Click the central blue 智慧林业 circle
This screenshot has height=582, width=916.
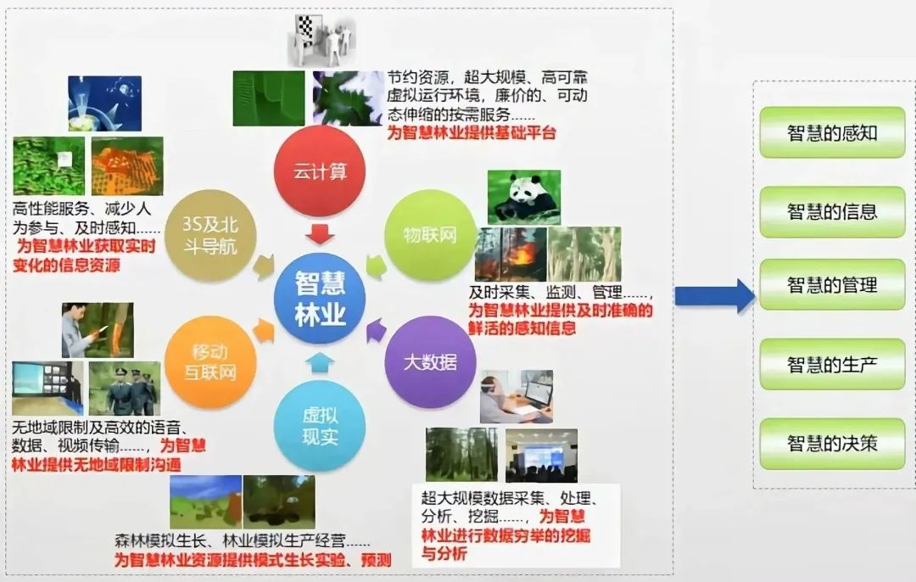pyautogui.click(x=320, y=298)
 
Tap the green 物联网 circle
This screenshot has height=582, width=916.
pyautogui.click(x=430, y=235)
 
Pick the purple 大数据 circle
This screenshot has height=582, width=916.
pyautogui.click(x=430, y=362)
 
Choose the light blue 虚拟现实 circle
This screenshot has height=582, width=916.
pyautogui.click(x=320, y=426)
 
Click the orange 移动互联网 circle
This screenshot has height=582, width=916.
pyautogui.click(x=210, y=362)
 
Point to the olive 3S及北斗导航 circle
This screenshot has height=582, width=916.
pyautogui.click(x=210, y=235)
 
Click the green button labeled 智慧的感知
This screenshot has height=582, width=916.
pyautogui.click(x=832, y=132)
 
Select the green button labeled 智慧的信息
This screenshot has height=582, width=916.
pyautogui.click(x=832, y=211)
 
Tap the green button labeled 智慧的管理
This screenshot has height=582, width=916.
pyautogui.click(x=832, y=285)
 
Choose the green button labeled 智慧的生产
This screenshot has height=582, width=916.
pyautogui.click(x=832, y=365)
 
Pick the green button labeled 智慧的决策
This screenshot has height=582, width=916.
pyautogui.click(x=832, y=443)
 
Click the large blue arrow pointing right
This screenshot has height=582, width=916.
pyautogui.click(x=713, y=296)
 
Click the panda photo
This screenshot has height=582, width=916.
pyautogui.click(x=523, y=197)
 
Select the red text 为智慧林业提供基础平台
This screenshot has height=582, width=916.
pyautogui.click(x=472, y=133)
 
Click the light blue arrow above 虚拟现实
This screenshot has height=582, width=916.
pyautogui.click(x=320, y=363)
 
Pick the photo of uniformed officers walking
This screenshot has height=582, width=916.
pyautogui.click(x=124, y=389)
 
